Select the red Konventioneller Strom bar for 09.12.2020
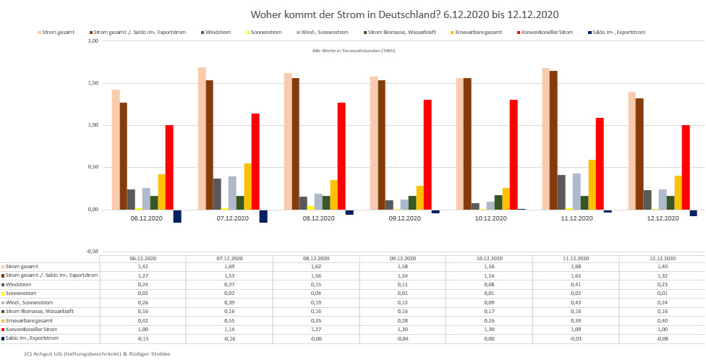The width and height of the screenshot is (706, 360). [x=428, y=155]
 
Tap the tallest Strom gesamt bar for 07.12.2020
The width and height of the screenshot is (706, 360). [x=202, y=138]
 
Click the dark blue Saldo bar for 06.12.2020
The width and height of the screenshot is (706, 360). [x=177, y=215]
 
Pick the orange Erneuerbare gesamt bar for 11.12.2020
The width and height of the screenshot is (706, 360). [x=592, y=184]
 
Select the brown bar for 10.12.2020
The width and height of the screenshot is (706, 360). [x=467, y=144]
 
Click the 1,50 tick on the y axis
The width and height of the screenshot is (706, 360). [x=93, y=83]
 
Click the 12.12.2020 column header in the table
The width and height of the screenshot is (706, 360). [x=661, y=258]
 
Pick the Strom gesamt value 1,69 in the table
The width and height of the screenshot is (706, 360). [x=229, y=266]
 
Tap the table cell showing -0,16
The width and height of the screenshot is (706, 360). [x=229, y=338]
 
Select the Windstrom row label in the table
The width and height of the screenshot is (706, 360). [x=22, y=284]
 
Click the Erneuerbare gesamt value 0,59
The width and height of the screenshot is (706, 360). [x=575, y=320]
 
